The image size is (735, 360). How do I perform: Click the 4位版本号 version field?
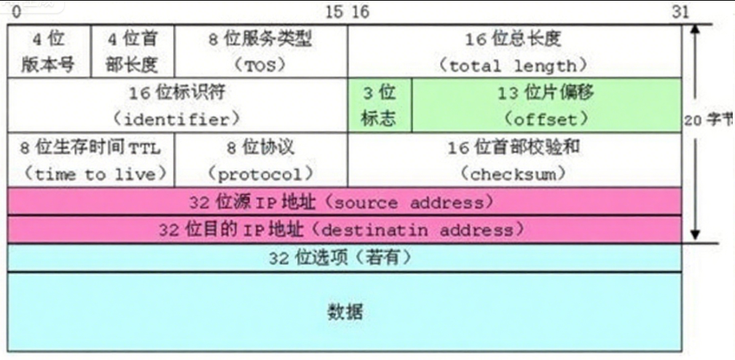click(x=50, y=52)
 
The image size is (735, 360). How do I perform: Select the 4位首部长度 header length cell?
click(x=133, y=52)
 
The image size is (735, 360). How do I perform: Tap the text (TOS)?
click(x=260, y=65)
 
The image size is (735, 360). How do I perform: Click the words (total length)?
click(x=514, y=66)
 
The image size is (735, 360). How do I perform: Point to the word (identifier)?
click(x=177, y=118)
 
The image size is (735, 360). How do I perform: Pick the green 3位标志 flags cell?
click(x=380, y=105)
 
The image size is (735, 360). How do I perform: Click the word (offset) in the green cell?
click(x=546, y=118)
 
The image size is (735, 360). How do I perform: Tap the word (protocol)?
click(x=261, y=174)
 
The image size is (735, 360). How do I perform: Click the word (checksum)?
click(x=514, y=174)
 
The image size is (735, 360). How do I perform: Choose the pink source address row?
click(x=344, y=201)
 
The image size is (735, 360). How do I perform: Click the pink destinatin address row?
click(x=344, y=230)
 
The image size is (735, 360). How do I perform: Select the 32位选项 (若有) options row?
click(x=344, y=257)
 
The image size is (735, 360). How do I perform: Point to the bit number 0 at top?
click(x=16, y=12)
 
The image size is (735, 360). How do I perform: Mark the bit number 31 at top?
click(x=679, y=12)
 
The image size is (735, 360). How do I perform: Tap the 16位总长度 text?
click(x=514, y=39)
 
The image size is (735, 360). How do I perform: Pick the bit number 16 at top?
click(x=360, y=12)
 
